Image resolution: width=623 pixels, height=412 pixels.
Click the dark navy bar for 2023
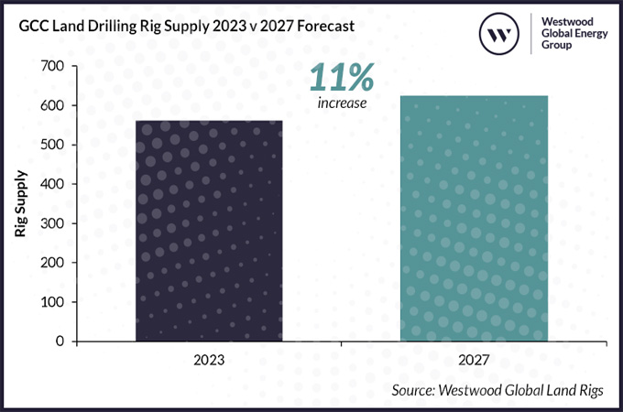point(209,231)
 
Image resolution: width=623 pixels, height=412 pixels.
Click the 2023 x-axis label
point(209,360)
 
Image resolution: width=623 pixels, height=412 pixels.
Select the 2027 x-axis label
point(475,360)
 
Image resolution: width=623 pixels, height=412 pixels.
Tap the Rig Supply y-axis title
point(20,204)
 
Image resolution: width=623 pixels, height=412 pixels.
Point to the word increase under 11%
point(343,103)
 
